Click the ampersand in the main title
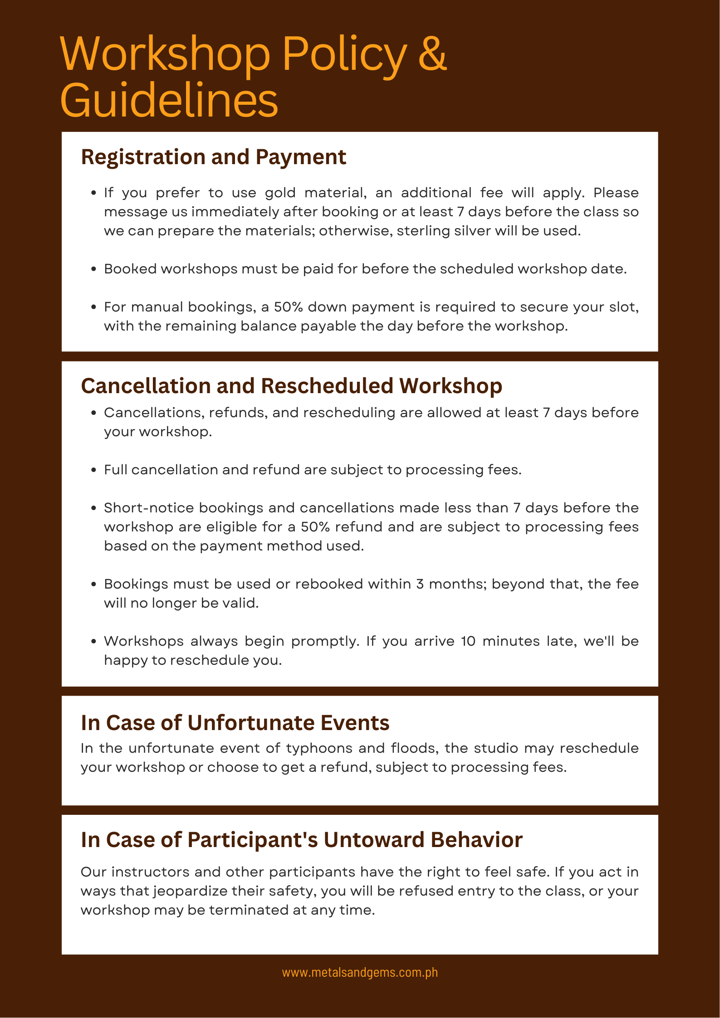[x=432, y=54]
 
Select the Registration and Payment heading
[x=213, y=157]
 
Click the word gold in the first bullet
[x=280, y=193]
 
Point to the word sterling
[x=426, y=231]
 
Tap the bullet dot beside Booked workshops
[x=93, y=269]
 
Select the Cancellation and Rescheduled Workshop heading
[x=291, y=386]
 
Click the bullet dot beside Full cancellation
[x=93, y=470]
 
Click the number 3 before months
[x=420, y=584]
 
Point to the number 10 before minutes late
[x=468, y=641]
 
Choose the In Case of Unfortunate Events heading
[x=235, y=723]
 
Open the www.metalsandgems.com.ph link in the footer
[x=360, y=972]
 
